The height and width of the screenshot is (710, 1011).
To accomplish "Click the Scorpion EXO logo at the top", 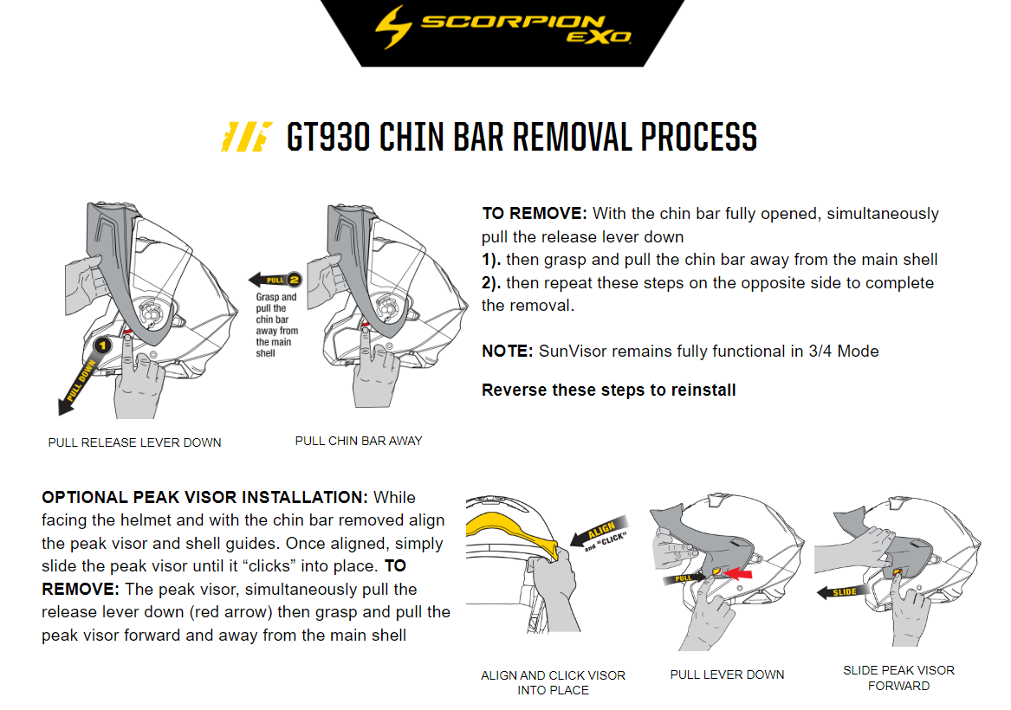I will pos(502,29).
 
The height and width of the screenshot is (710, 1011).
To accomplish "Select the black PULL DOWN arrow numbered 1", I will pos(83,374).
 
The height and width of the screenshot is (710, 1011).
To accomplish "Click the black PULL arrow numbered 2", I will pos(274,280).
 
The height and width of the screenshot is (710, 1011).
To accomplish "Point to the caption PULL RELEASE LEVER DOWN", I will pos(134,442).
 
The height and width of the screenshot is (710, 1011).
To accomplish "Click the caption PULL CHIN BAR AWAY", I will pos(359,441).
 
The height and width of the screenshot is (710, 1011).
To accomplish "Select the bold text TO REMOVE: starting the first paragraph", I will pos(535,214).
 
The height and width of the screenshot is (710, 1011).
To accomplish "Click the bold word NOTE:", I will pos(508,351).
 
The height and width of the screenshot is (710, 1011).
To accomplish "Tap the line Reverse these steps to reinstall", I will pos(608,390).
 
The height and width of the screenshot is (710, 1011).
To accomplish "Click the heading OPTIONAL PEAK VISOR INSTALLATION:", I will pos(205,498).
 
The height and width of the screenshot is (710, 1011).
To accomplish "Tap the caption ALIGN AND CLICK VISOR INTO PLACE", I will pos(553,682).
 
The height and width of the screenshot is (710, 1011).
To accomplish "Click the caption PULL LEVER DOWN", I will pos(727,674).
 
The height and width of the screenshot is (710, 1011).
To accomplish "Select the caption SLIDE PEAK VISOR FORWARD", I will pos(898,678).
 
